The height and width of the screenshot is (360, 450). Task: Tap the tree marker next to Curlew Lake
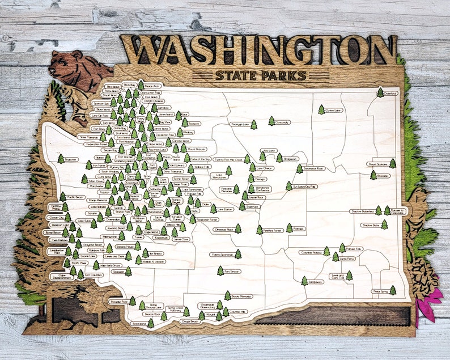click(x=321, y=110)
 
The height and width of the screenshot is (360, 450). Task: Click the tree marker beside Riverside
click(x=373, y=176)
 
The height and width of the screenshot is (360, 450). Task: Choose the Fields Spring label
click(x=380, y=291)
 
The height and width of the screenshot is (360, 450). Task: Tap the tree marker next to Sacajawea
click(x=304, y=281)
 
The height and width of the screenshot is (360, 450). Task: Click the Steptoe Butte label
click(x=371, y=226)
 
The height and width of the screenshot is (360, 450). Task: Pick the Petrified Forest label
click(x=274, y=230)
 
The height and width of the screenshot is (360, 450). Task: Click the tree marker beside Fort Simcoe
click(x=220, y=272)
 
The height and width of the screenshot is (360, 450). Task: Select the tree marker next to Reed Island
click(x=150, y=323)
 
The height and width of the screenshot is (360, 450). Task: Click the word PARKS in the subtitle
click(x=287, y=75)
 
